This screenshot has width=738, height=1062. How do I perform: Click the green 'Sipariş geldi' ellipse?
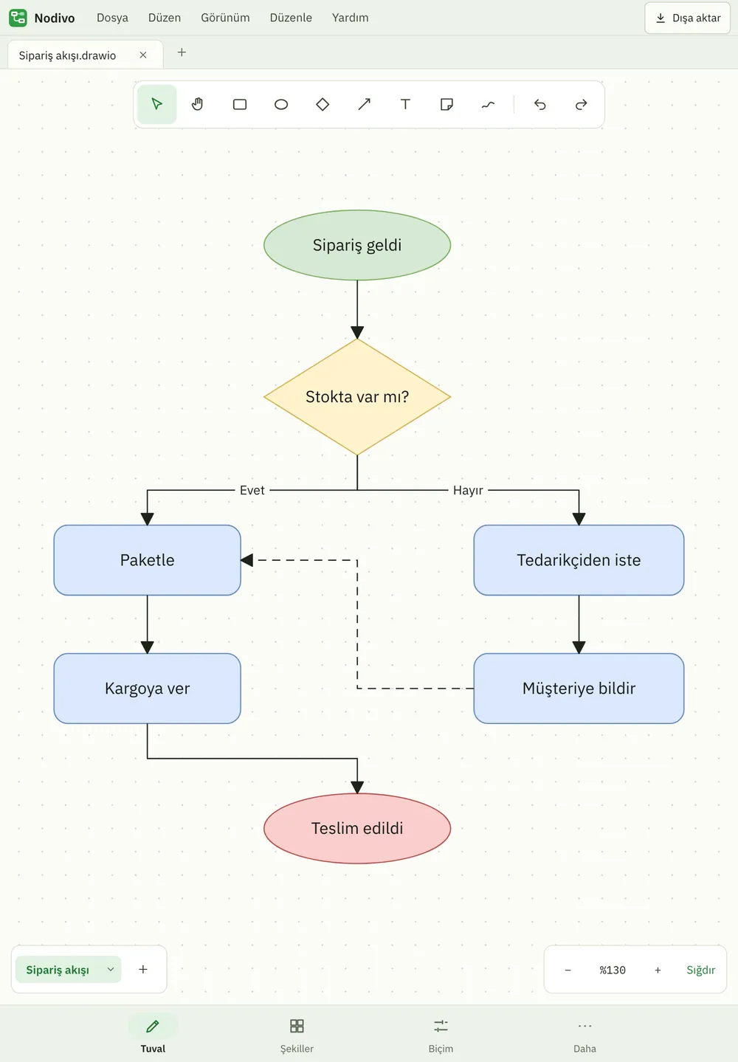[x=357, y=245]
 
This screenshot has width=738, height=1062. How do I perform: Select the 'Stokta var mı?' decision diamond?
[x=357, y=397]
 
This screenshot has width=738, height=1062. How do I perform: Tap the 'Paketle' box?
[x=147, y=560]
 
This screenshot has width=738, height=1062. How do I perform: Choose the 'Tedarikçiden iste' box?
[x=579, y=560]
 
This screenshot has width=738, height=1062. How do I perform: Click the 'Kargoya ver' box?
[x=147, y=689]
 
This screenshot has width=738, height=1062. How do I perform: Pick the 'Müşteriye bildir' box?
[x=579, y=689]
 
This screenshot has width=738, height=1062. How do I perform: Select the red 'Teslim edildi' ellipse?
[x=357, y=828]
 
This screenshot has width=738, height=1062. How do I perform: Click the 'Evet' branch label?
[x=252, y=490]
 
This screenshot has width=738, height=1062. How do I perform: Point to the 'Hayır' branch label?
[x=468, y=490]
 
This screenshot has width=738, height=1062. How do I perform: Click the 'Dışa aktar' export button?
[x=687, y=18]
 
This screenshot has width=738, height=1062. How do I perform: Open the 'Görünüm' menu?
[x=225, y=18]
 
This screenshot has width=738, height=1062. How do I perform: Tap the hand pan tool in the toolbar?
[x=198, y=104]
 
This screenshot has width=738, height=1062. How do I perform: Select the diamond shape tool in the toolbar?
[x=323, y=104]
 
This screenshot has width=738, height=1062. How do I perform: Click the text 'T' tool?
[x=405, y=104]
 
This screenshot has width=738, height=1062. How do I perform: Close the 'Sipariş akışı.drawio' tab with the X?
[x=143, y=55]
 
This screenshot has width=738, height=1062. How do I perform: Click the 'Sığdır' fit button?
[x=700, y=970]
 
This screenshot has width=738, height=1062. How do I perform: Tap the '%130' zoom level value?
[x=613, y=970]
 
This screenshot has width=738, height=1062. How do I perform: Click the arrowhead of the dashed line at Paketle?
[x=247, y=560]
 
